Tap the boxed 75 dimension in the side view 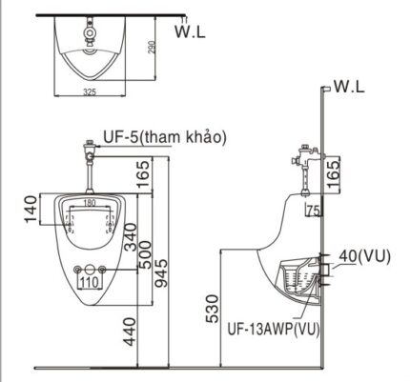pos(312,211)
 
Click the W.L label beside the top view pos(191,31)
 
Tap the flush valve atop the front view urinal pos(89,152)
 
